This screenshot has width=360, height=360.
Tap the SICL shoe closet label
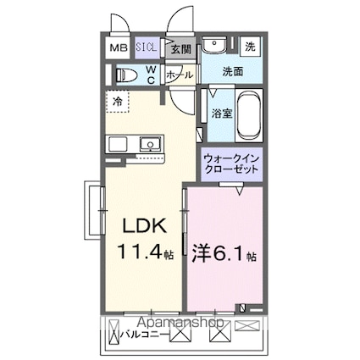[x=147, y=49]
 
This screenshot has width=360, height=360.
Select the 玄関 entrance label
[x=180, y=50]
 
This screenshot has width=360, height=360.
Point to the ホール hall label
[x=180, y=75]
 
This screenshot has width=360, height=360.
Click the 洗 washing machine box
[x=251, y=47]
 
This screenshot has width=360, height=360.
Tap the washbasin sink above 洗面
[x=214, y=46]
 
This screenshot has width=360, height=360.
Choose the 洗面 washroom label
[x=233, y=72]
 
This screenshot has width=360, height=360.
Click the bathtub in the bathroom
[x=249, y=116]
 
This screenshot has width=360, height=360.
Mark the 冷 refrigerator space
[x=118, y=101]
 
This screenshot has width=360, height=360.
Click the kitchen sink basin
[x=148, y=145]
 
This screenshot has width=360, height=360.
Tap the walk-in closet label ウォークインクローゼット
[x=232, y=163]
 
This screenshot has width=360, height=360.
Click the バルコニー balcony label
[x=137, y=335]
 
